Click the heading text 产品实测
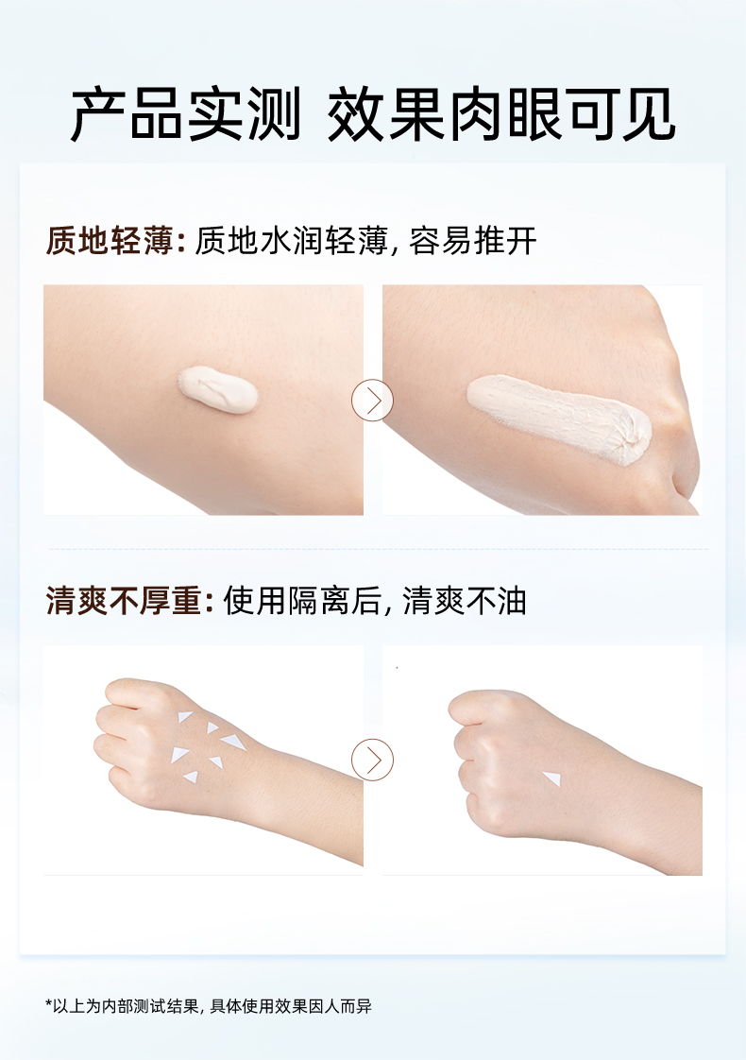(186, 115)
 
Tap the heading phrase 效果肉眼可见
(501, 115)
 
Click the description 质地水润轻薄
(290, 242)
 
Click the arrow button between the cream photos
(372, 401)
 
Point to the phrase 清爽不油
(465, 601)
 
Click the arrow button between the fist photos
(372, 760)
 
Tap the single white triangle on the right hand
(551, 778)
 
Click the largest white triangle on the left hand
(179, 754)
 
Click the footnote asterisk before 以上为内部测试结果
(49, 1005)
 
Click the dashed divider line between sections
(378, 549)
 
